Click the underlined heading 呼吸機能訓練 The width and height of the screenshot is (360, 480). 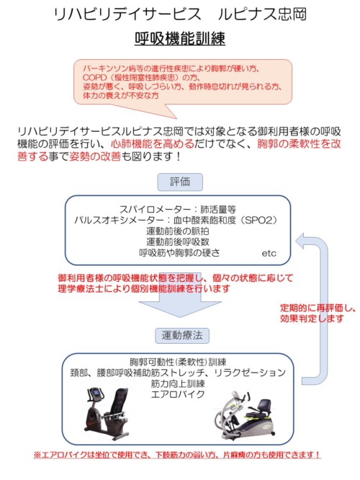coord(180,39)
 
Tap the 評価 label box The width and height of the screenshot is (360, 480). coord(180,182)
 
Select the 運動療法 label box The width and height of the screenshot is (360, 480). coord(182,336)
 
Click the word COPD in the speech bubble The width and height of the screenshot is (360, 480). coord(94,77)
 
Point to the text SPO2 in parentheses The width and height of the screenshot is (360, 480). coord(258,221)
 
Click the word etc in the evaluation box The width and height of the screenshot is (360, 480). coord(269,254)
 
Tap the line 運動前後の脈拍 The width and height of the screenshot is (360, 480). coord(177,231)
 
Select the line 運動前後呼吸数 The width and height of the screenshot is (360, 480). coord(177,242)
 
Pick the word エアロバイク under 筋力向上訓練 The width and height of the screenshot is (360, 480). coord(178,394)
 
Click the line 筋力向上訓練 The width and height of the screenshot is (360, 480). coord(178,383)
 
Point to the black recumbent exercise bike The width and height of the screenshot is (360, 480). coord(106,414)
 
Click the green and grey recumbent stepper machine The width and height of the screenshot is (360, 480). coord(245,416)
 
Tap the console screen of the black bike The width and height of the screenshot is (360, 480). coord(96,393)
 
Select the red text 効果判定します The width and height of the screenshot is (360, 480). coord(312,319)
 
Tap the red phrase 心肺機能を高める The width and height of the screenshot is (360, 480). coord(153,143)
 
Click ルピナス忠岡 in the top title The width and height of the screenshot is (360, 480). coord(262,14)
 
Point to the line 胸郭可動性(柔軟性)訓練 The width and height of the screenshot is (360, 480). coord(178,363)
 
